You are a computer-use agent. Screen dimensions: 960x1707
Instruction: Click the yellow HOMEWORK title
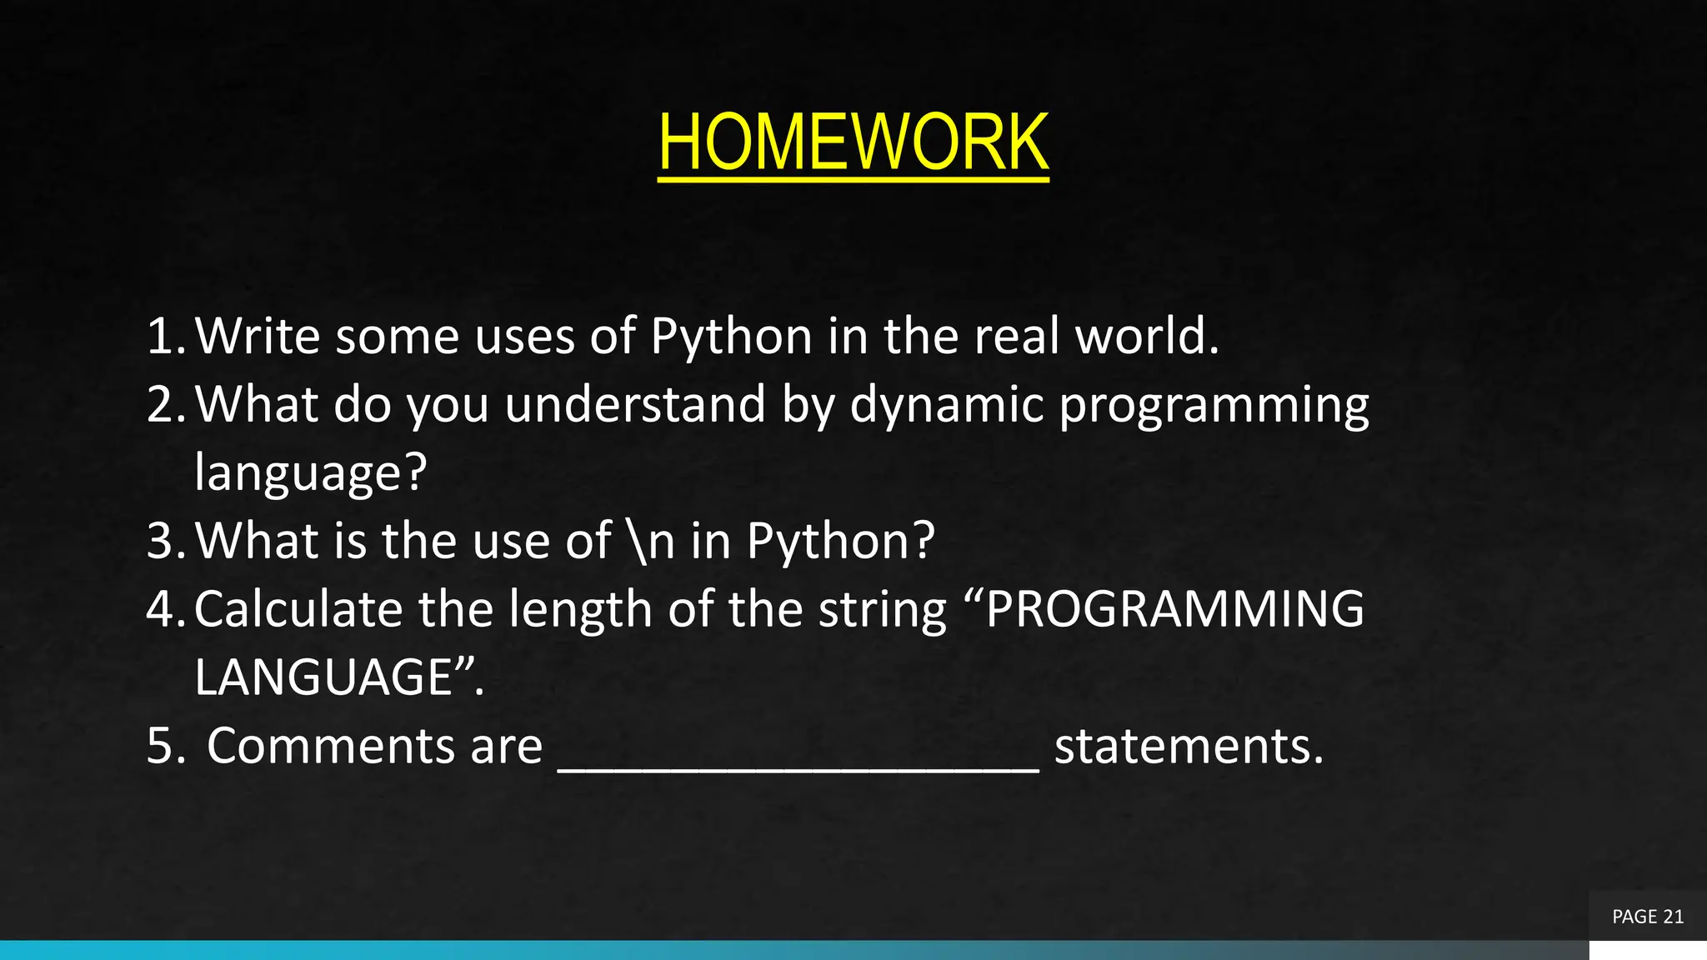click(853, 142)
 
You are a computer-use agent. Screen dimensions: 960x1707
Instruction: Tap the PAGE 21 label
click(1647, 917)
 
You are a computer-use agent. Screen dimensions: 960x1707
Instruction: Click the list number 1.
click(163, 337)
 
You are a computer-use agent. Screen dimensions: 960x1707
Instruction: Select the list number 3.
click(163, 542)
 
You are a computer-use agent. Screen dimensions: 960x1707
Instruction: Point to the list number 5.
click(163, 746)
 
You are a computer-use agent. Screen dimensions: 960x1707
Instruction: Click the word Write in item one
click(257, 337)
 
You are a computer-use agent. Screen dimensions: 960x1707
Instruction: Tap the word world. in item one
click(1147, 337)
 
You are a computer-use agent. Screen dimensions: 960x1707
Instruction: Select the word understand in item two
click(635, 405)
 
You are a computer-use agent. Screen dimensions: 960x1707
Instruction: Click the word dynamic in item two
click(947, 405)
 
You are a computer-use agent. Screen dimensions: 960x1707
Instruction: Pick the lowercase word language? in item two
click(310, 473)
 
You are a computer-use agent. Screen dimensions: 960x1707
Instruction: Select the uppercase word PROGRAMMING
click(1175, 609)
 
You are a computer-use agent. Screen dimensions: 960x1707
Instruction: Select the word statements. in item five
click(1189, 746)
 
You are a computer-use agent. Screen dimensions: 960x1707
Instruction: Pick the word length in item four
click(580, 609)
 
